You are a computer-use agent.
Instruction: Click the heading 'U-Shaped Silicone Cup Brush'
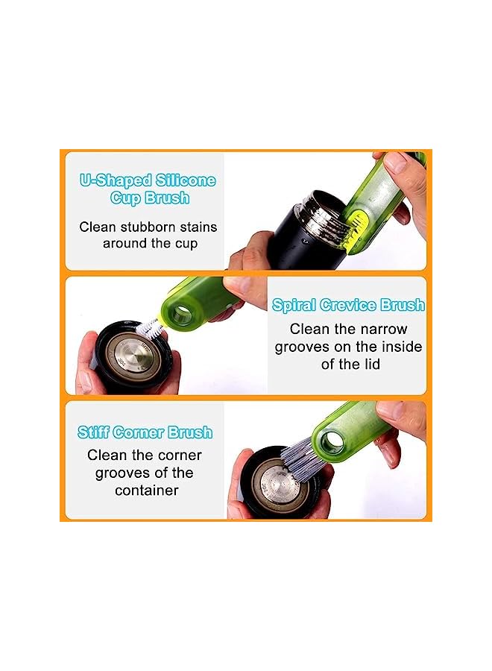[x=148, y=189]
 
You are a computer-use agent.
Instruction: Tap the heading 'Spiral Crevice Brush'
[x=348, y=305]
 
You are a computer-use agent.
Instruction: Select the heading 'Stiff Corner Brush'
[x=145, y=432]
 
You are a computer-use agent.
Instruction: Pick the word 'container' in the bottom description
[x=146, y=491]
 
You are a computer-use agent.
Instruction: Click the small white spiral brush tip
[x=150, y=327]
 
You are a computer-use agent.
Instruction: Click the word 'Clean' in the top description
[x=98, y=227]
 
